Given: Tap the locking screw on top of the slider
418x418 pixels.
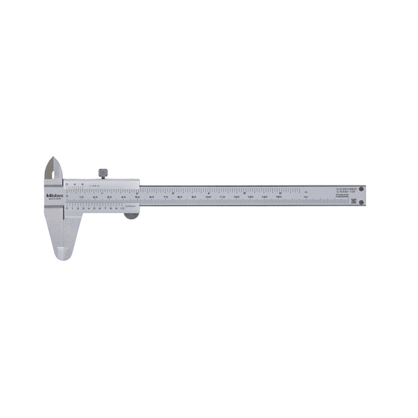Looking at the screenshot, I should coord(102,173).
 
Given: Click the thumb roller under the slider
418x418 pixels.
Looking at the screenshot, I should coord(131,216).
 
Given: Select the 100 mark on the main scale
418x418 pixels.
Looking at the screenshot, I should coord(208,198).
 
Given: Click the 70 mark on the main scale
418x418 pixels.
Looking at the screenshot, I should coord(166,198).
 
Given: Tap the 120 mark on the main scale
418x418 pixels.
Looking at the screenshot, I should coord(236,198).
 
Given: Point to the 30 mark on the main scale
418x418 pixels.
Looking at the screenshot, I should coord(109,198).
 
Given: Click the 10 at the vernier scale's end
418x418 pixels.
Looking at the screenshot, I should coord(123,208).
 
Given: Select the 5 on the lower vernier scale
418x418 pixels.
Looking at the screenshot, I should coord(95,208).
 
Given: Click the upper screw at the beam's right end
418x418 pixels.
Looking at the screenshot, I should coord(361,189).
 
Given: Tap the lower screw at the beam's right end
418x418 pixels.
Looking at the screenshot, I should coord(361,202).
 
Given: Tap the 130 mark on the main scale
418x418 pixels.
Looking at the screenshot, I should coord(250,198).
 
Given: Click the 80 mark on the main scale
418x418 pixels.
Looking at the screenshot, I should coord(180,198).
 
